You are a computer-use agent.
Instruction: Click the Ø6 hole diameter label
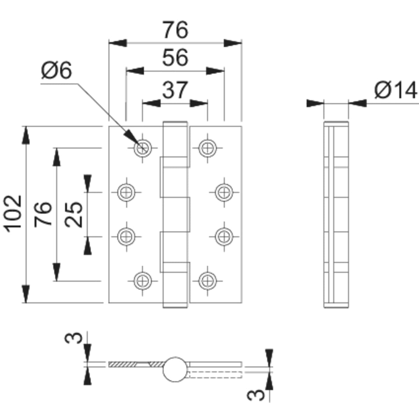coord(56,71)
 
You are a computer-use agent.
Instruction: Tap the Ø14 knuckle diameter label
coord(395,90)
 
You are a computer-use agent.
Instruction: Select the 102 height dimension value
coord(14,213)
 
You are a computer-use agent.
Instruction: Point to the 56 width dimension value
coord(175,58)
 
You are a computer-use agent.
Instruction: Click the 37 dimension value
coord(175,90)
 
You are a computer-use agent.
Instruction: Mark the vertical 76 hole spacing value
coord(44,214)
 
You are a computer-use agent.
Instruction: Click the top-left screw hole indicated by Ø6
coord(142,148)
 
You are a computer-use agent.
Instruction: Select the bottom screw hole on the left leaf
coord(142,280)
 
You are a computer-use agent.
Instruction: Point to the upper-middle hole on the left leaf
coord(125,192)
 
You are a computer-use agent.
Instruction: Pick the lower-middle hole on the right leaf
coord(223,236)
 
